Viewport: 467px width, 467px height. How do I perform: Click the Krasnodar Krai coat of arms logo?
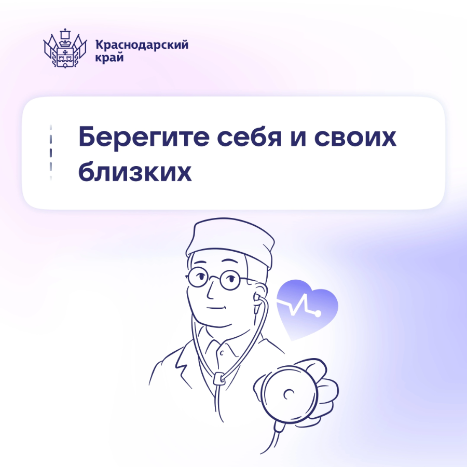tap(65, 48)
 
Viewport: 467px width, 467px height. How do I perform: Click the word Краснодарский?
tap(142, 45)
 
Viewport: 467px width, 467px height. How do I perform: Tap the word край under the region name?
tap(109, 57)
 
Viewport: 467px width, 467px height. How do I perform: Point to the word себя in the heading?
tap(249, 137)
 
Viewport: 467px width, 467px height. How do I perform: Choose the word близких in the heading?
tap(135, 171)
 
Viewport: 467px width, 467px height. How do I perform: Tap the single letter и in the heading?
tap(298, 139)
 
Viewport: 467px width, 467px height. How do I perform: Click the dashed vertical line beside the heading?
tap(51, 153)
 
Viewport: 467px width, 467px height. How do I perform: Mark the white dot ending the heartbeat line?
tap(318, 313)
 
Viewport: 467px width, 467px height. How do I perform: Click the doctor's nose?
tap(211, 289)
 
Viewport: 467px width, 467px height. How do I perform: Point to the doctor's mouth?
tap(216, 308)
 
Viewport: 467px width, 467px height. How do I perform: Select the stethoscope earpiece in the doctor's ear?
tap(256, 301)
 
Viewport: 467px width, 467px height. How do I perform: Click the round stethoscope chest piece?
tap(288, 393)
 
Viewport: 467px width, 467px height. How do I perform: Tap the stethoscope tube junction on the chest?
tap(219, 379)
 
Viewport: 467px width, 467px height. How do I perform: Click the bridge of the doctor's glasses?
tap(214, 278)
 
